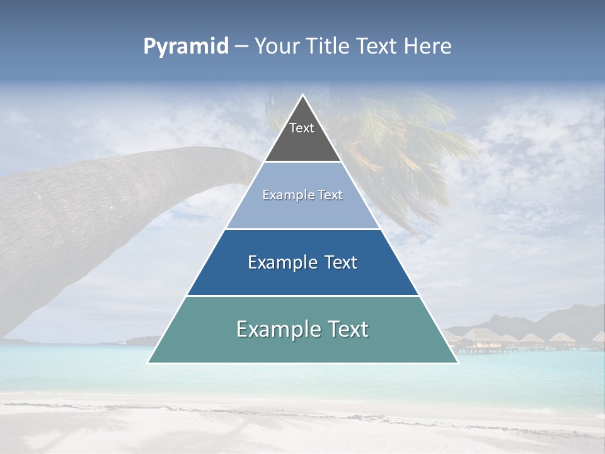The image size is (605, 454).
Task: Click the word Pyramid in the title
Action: pyautogui.click(x=186, y=47)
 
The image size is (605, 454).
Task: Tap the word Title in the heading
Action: pyautogui.click(x=330, y=47)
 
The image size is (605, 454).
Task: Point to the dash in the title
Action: pyautogui.click(x=241, y=47)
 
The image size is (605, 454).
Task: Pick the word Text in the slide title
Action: pyautogui.click(x=377, y=47)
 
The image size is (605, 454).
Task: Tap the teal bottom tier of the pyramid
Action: pyautogui.click(x=302, y=347)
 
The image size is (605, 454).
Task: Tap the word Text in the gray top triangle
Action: pyautogui.click(x=302, y=128)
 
